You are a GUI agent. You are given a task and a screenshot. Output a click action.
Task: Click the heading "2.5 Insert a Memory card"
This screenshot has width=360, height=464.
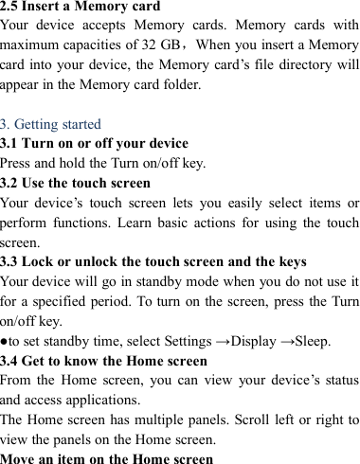[81, 8]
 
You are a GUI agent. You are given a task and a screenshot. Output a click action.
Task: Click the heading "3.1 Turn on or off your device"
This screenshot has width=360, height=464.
[95, 144]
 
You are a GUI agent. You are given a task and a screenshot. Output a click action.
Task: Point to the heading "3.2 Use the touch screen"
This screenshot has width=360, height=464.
[76, 183]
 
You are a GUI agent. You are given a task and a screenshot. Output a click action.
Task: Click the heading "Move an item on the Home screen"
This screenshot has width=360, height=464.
[106, 458]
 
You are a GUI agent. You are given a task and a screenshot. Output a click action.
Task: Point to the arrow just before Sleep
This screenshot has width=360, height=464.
[280, 340]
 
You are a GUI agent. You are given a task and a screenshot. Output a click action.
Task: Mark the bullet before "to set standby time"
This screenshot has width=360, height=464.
[5, 340]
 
